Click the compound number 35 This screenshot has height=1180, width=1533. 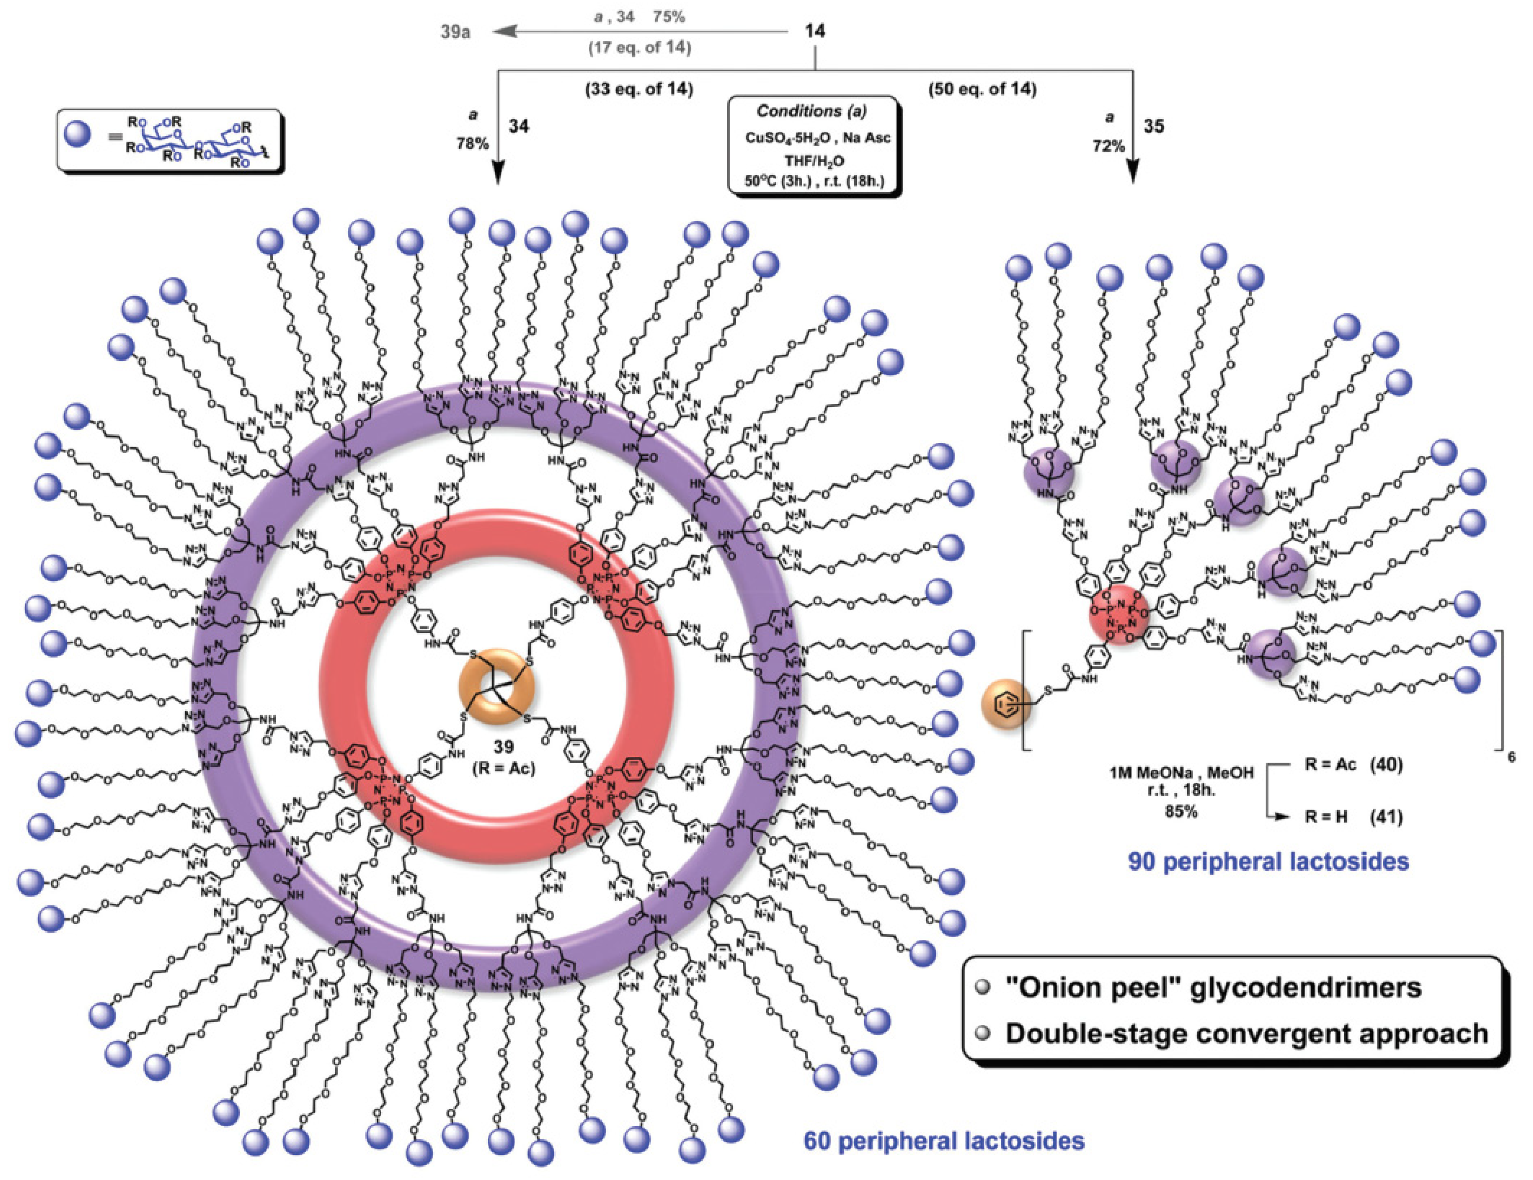(x=1154, y=126)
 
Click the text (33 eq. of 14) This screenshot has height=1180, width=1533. (x=639, y=90)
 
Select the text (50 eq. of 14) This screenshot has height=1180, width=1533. (x=982, y=90)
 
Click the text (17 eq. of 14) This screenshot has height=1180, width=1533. (x=639, y=48)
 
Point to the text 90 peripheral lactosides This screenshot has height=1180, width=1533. (x=1268, y=861)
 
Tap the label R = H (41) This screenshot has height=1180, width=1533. (x=1353, y=817)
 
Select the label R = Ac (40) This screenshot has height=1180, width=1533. (x=1353, y=764)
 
